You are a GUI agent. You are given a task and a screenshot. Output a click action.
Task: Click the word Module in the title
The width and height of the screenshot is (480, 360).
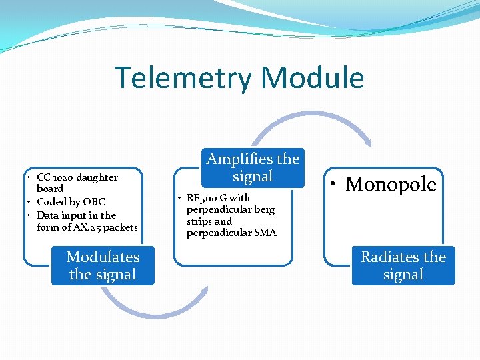point(313,78)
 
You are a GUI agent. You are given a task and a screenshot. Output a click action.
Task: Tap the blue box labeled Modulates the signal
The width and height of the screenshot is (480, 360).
point(103,265)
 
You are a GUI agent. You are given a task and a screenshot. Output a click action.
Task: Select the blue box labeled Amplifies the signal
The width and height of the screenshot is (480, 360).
point(253,167)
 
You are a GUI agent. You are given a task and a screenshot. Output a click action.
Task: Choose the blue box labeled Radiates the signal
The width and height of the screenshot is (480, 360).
point(403,265)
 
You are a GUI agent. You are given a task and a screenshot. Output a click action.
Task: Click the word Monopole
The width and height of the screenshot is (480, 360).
point(391,184)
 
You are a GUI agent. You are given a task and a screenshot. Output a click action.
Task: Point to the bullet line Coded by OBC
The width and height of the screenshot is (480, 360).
point(71,201)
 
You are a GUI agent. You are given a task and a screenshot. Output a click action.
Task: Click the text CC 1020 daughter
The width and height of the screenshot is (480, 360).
point(77,177)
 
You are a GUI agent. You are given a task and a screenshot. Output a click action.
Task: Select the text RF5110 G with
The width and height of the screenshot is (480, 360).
point(218,197)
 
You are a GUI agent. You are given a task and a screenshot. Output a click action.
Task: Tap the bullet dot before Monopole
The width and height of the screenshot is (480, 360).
point(335,185)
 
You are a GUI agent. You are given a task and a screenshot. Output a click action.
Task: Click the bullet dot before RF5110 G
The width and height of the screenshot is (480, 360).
point(180,198)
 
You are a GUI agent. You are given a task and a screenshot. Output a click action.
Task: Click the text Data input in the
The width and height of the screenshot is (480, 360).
point(76,215)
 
